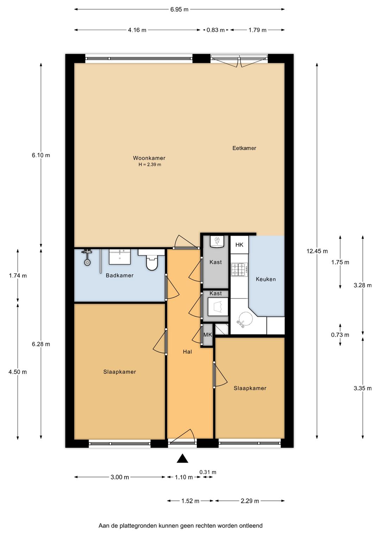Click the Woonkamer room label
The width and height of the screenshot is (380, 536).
point(149,158)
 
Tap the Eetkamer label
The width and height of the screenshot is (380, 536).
point(244,148)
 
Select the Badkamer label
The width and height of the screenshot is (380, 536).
point(119,275)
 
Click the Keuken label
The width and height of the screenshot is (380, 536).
point(266,279)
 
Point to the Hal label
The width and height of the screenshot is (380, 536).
point(187,352)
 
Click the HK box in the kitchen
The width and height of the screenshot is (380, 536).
point(239,244)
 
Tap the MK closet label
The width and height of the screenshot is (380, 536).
point(208,334)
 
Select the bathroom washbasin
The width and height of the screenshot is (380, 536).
point(120,256)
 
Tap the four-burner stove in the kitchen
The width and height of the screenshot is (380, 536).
point(239,270)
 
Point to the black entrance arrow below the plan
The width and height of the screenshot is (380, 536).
point(183,458)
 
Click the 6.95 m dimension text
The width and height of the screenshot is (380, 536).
point(179,9)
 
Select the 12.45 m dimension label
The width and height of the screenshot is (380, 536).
point(317,251)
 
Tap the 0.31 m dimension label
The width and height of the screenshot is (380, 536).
point(208,472)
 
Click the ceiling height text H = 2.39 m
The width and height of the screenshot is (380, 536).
point(150,165)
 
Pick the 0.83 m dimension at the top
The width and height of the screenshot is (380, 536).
point(216,30)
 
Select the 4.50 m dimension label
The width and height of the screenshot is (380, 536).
point(18,372)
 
